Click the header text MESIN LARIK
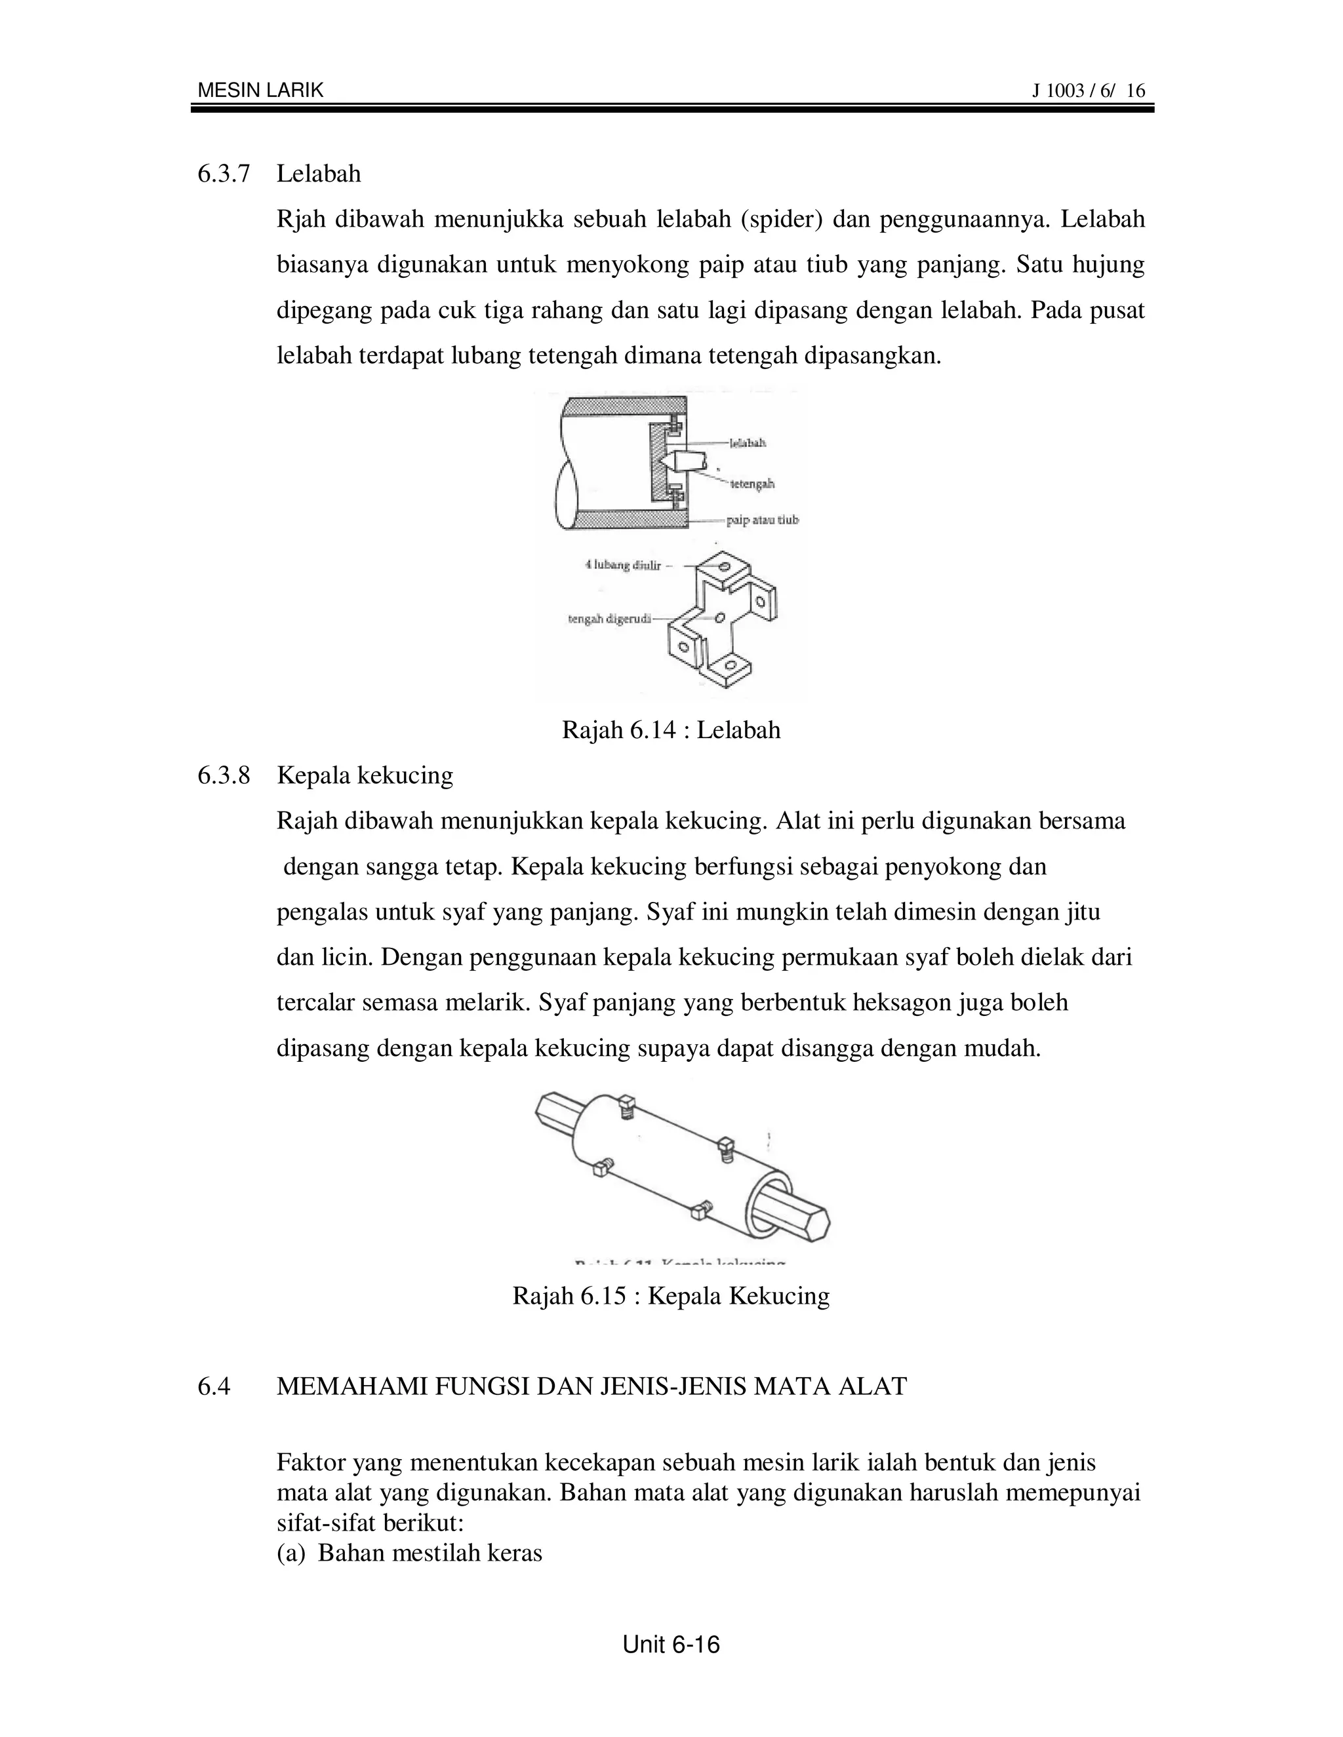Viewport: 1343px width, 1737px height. tap(260, 90)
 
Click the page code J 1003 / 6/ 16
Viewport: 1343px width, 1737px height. tap(1089, 90)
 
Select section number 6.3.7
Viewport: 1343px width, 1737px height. tap(224, 174)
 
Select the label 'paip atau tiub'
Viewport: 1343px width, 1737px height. tap(761, 520)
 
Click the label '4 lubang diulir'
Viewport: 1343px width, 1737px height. tap(623, 566)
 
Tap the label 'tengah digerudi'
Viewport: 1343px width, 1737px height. tap(609, 618)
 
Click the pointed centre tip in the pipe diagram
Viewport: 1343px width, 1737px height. tap(665, 461)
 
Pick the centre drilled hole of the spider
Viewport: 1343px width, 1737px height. tap(719, 617)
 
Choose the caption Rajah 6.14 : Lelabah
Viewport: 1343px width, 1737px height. tap(671, 730)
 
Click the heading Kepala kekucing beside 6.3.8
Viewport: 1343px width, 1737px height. tap(365, 775)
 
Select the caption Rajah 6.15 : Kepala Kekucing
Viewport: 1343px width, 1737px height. tap(671, 1296)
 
